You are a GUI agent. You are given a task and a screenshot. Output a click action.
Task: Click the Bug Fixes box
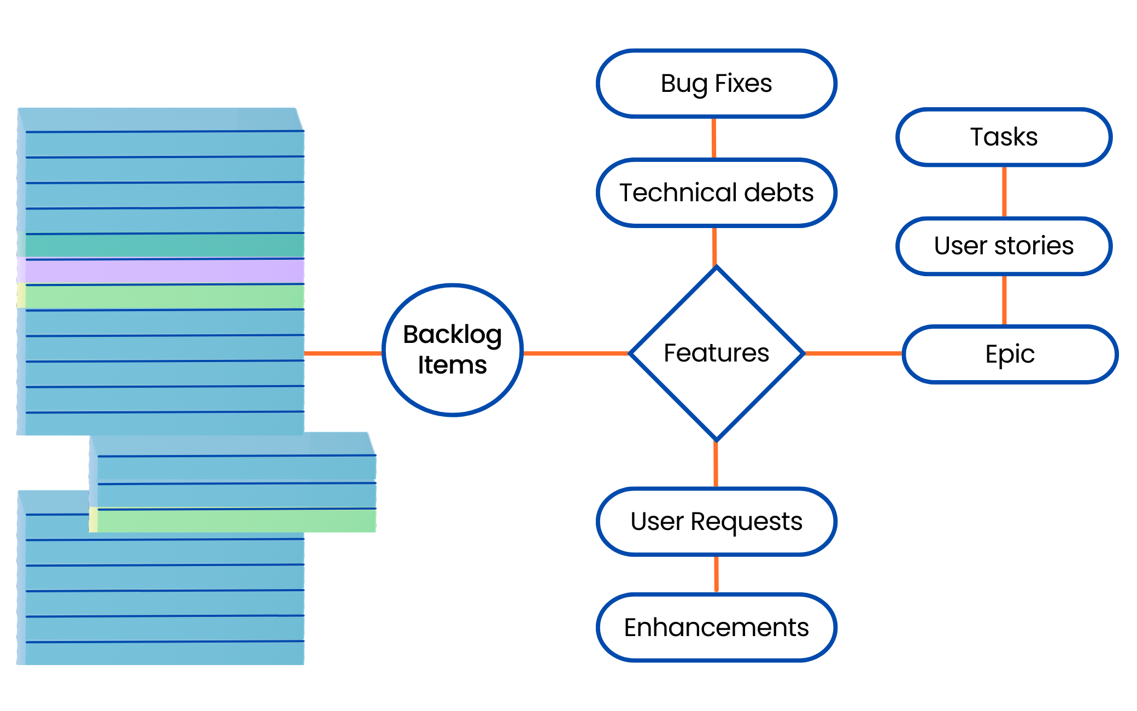pos(716,84)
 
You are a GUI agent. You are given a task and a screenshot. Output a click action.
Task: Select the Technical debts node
pos(716,193)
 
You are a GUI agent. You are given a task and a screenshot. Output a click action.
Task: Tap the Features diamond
pos(716,353)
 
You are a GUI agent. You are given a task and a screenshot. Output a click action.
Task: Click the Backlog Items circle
pos(453,350)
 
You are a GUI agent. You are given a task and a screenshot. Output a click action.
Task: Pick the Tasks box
pos(1004,137)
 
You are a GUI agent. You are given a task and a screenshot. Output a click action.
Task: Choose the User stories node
pos(1004,246)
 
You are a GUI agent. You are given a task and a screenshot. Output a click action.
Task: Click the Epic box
pos(1010,354)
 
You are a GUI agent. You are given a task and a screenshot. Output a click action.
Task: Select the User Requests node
pos(716,521)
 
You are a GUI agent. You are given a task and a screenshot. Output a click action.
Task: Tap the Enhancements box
pos(716,627)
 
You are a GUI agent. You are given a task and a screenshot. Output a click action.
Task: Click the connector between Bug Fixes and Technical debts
pos(714,138)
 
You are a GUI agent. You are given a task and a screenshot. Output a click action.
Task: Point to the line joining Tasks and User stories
pos(1004,191)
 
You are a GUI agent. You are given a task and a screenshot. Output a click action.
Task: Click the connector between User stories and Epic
pos(1004,300)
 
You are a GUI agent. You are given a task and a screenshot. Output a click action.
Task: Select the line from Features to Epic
pos(853,353)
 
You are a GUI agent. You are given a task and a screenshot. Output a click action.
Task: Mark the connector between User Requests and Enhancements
pos(716,574)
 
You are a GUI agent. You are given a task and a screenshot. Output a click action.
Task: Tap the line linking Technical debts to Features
pos(714,246)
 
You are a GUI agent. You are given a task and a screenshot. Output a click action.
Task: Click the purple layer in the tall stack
pos(164,271)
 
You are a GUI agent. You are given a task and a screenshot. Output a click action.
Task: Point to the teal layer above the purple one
pos(164,246)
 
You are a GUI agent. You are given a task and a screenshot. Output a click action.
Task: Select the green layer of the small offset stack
pos(235,521)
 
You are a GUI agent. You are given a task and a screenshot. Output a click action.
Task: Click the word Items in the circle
pos(453,365)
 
